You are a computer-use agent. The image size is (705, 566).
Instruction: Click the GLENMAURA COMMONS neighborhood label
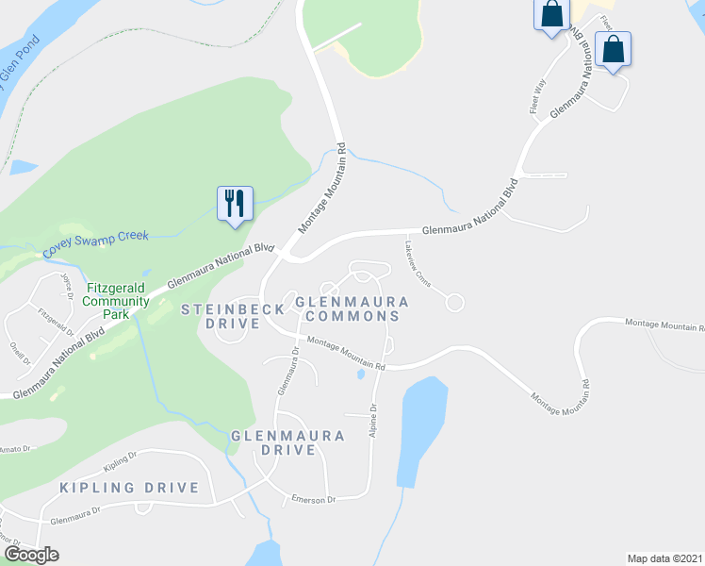[x=352, y=308]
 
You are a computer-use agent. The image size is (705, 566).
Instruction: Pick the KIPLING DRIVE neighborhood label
[x=129, y=488]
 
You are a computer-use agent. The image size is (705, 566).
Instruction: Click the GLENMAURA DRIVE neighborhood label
[x=287, y=442]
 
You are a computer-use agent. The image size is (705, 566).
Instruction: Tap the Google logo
[x=30, y=555]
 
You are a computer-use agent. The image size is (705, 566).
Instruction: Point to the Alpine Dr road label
[x=373, y=420]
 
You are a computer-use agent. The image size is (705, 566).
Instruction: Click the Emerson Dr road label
[x=314, y=499]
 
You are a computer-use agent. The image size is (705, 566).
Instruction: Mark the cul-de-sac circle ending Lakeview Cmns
[x=454, y=303]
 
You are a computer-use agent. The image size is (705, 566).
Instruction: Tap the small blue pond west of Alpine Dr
[x=361, y=375]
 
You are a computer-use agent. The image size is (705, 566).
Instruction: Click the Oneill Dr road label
[x=21, y=353]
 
